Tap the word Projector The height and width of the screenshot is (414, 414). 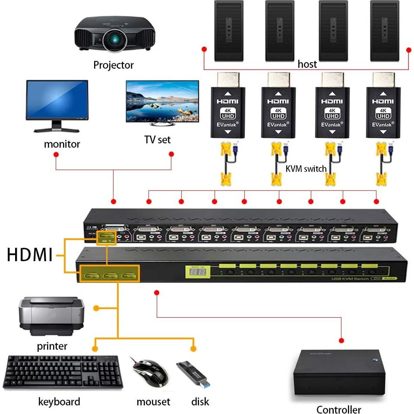tap(114, 65)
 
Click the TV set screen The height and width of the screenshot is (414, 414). tap(162, 101)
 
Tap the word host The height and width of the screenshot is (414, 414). tap(307, 64)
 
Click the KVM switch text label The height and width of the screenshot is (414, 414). tap(306, 169)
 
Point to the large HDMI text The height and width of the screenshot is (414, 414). tap(29, 255)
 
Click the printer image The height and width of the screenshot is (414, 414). tap(51, 316)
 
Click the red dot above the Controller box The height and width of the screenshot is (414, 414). tap(342, 339)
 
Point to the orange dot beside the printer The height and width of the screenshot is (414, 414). tap(97, 308)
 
